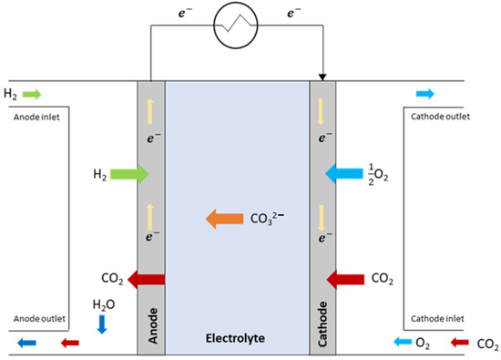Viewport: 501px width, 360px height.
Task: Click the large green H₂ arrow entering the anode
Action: (131, 172)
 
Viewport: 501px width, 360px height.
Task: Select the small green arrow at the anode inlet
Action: (31, 93)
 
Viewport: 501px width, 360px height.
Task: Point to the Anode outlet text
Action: (39, 319)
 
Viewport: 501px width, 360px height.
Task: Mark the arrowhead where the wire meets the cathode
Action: (323, 77)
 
